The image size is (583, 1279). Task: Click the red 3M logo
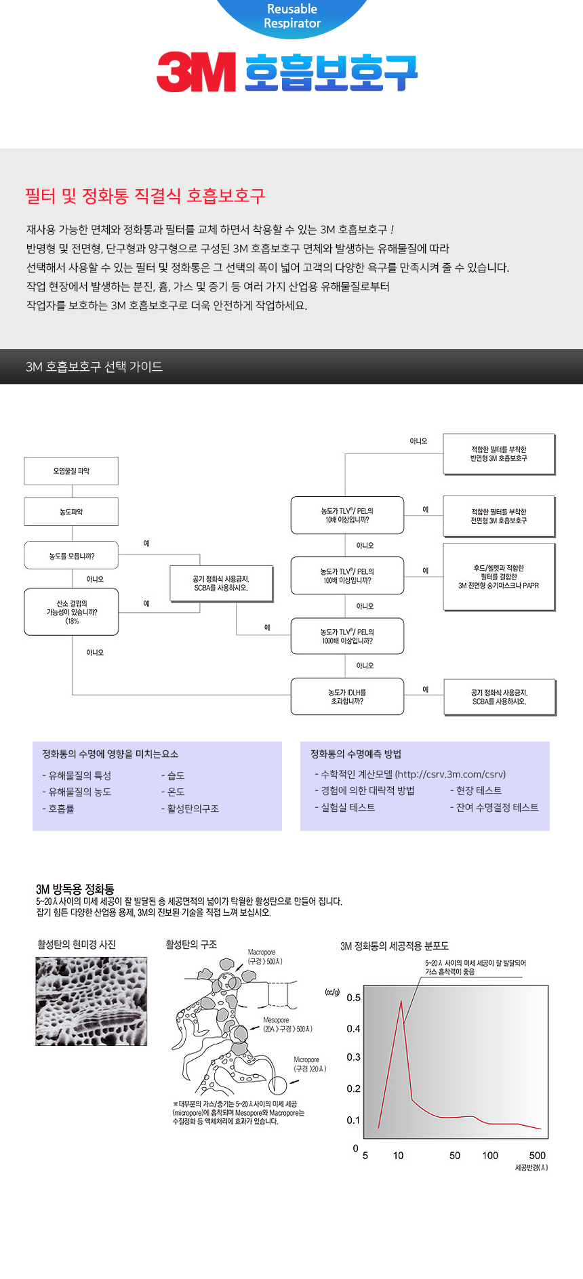[x=196, y=72]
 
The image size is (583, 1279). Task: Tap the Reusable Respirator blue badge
[x=292, y=16]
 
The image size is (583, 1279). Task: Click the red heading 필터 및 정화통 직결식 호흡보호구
[x=145, y=196]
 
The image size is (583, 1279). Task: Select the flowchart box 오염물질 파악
[x=71, y=471]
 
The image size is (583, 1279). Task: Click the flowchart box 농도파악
[x=71, y=512]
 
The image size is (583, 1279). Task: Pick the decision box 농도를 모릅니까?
[x=71, y=556]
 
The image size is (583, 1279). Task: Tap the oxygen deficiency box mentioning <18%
[x=71, y=612]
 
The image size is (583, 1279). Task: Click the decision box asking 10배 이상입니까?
[x=347, y=515]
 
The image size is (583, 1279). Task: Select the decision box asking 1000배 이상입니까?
[x=347, y=636]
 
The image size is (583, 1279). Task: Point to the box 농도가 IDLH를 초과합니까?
[x=347, y=696]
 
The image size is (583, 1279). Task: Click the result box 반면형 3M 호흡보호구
[x=499, y=454]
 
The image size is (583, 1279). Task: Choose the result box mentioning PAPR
[x=499, y=577]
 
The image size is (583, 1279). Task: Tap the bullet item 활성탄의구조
[x=193, y=809]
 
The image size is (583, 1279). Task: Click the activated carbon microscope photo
[x=92, y=1001]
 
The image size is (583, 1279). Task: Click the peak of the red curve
[x=401, y=1001]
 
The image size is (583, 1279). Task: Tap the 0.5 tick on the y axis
[x=353, y=998]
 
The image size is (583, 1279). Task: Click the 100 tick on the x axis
[x=490, y=1156]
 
